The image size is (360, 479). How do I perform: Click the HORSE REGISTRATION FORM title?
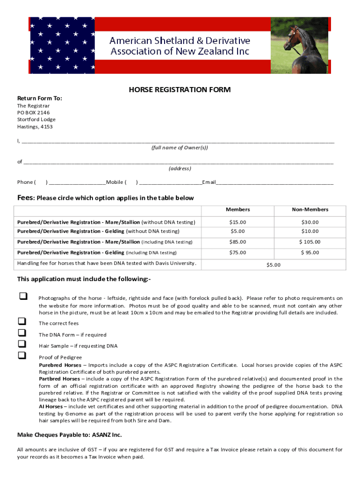click(180, 89)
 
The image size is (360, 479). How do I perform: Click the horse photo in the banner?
click(300, 45)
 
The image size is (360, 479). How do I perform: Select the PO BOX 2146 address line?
click(33, 113)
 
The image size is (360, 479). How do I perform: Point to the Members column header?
click(238, 210)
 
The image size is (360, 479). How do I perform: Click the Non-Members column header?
click(310, 210)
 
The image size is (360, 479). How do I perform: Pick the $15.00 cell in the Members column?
click(238, 222)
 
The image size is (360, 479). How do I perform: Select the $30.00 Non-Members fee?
click(310, 222)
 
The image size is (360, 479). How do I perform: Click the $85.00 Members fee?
click(238, 242)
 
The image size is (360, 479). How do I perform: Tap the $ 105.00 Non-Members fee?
click(310, 242)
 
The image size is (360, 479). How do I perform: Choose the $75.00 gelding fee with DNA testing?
click(238, 253)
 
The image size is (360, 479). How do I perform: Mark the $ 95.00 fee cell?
click(310, 253)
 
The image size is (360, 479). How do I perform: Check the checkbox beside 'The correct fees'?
click(22, 322)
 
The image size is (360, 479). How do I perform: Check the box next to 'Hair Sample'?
click(22, 344)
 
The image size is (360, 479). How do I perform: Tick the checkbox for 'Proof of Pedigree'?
click(22, 356)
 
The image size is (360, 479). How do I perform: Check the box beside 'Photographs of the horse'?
click(22, 297)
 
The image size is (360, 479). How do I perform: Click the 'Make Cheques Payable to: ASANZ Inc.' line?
click(69, 435)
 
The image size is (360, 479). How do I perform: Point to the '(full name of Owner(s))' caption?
click(180, 148)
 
